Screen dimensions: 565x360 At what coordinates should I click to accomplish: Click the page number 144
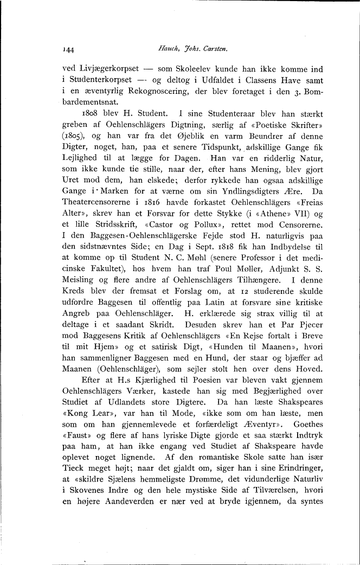[68, 49]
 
